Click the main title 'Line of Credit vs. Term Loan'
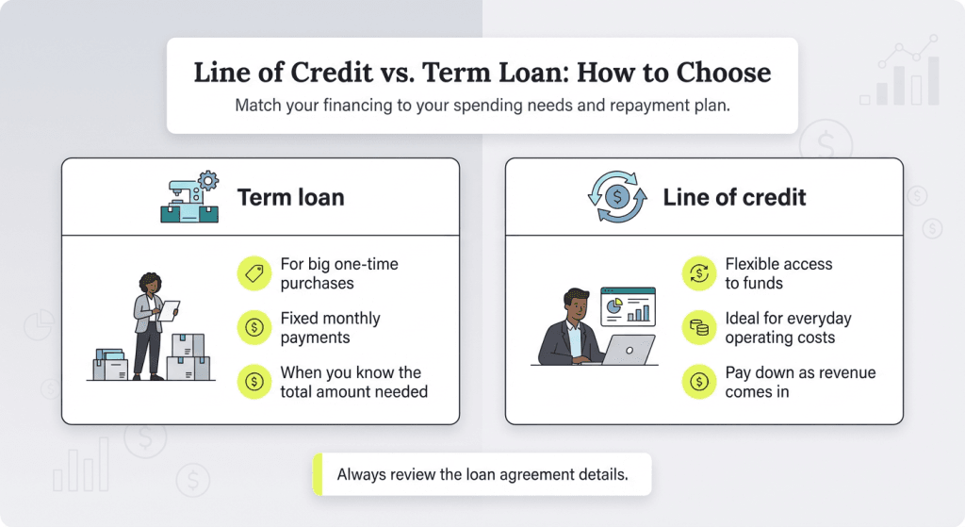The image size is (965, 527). [482, 73]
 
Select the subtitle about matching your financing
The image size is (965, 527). [482, 106]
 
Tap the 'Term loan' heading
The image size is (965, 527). [290, 197]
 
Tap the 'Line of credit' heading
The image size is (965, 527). [734, 197]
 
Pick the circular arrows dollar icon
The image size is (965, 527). [617, 197]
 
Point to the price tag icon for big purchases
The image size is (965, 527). [254, 273]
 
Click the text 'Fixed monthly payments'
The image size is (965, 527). [330, 328]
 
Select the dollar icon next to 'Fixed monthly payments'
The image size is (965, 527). [254, 328]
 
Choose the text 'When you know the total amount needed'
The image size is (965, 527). [353, 382]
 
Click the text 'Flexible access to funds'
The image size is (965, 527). [778, 273]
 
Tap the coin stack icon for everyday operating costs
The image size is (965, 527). [698, 328]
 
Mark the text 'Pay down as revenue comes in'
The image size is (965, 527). [799, 382]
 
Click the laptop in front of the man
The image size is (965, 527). [627, 350]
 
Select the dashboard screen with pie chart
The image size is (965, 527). [627, 306]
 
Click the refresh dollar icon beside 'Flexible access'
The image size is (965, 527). [698, 273]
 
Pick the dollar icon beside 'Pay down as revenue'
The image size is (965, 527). [698, 382]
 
